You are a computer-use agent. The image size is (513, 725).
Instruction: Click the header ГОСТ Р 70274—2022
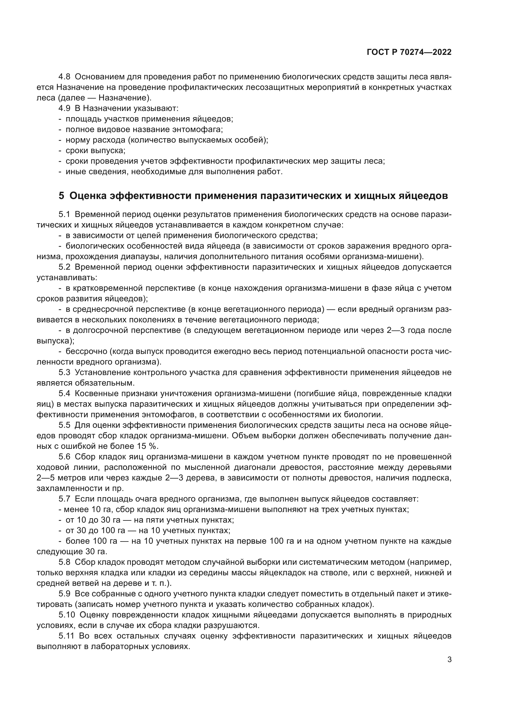pyautogui.click(x=409, y=52)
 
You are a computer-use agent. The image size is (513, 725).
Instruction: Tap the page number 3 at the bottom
pyautogui.click(x=449, y=651)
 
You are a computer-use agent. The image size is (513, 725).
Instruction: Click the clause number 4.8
pyautogui.click(x=65, y=77)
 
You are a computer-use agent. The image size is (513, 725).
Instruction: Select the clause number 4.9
pyautogui.click(x=65, y=108)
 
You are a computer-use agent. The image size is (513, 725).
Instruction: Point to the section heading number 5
pyautogui.click(x=61, y=196)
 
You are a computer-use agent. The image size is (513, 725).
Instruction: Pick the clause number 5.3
pyautogui.click(x=65, y=373)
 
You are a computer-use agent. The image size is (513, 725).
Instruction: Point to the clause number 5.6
pyautogui.click(x=65, y=457)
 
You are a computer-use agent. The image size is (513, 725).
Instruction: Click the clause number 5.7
pyautogui.click(x=65, y=499)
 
